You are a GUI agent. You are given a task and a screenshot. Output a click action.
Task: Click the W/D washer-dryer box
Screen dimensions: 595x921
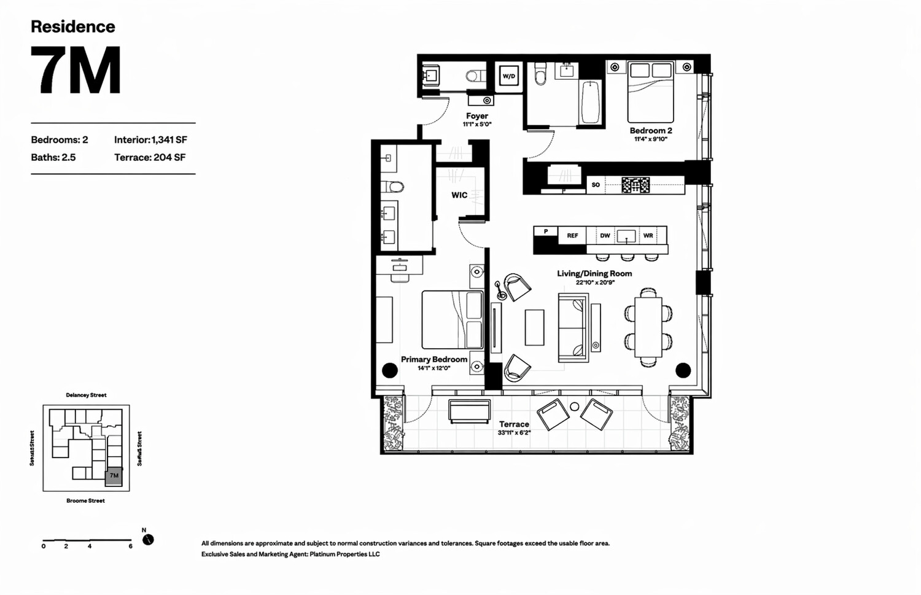509,77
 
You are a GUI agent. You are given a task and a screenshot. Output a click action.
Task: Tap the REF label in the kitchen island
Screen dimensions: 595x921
572,236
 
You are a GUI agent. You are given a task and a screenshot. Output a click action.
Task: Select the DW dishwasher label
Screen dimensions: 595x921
605,236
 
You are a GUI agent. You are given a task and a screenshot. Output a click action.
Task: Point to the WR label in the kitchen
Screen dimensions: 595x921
648,236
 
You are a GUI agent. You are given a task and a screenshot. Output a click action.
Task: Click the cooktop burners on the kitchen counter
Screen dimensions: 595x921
635,185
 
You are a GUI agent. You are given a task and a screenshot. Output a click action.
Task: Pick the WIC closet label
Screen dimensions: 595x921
459,195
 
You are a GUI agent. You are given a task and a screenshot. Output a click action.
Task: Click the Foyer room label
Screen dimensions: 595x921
477,116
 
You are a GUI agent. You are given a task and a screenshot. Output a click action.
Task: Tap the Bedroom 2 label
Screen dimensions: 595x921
651,131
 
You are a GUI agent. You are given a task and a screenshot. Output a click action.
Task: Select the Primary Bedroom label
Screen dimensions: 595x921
434,359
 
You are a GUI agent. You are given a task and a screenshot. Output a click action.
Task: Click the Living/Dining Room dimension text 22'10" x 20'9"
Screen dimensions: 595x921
594,283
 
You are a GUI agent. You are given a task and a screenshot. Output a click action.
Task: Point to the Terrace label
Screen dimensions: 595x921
514,424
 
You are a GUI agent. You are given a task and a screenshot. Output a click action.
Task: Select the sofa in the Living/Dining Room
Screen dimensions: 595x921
573,327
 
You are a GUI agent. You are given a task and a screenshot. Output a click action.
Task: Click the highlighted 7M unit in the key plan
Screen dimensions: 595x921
114,476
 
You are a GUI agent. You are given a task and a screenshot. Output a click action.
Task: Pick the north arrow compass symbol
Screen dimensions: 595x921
148,540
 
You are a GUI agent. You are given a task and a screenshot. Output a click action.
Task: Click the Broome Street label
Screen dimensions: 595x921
85,501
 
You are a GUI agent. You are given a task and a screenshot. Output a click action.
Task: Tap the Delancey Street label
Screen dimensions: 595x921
86,395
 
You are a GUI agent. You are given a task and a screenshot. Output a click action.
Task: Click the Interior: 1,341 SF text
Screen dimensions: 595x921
150,140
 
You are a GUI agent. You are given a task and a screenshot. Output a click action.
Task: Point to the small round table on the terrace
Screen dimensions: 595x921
574,406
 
